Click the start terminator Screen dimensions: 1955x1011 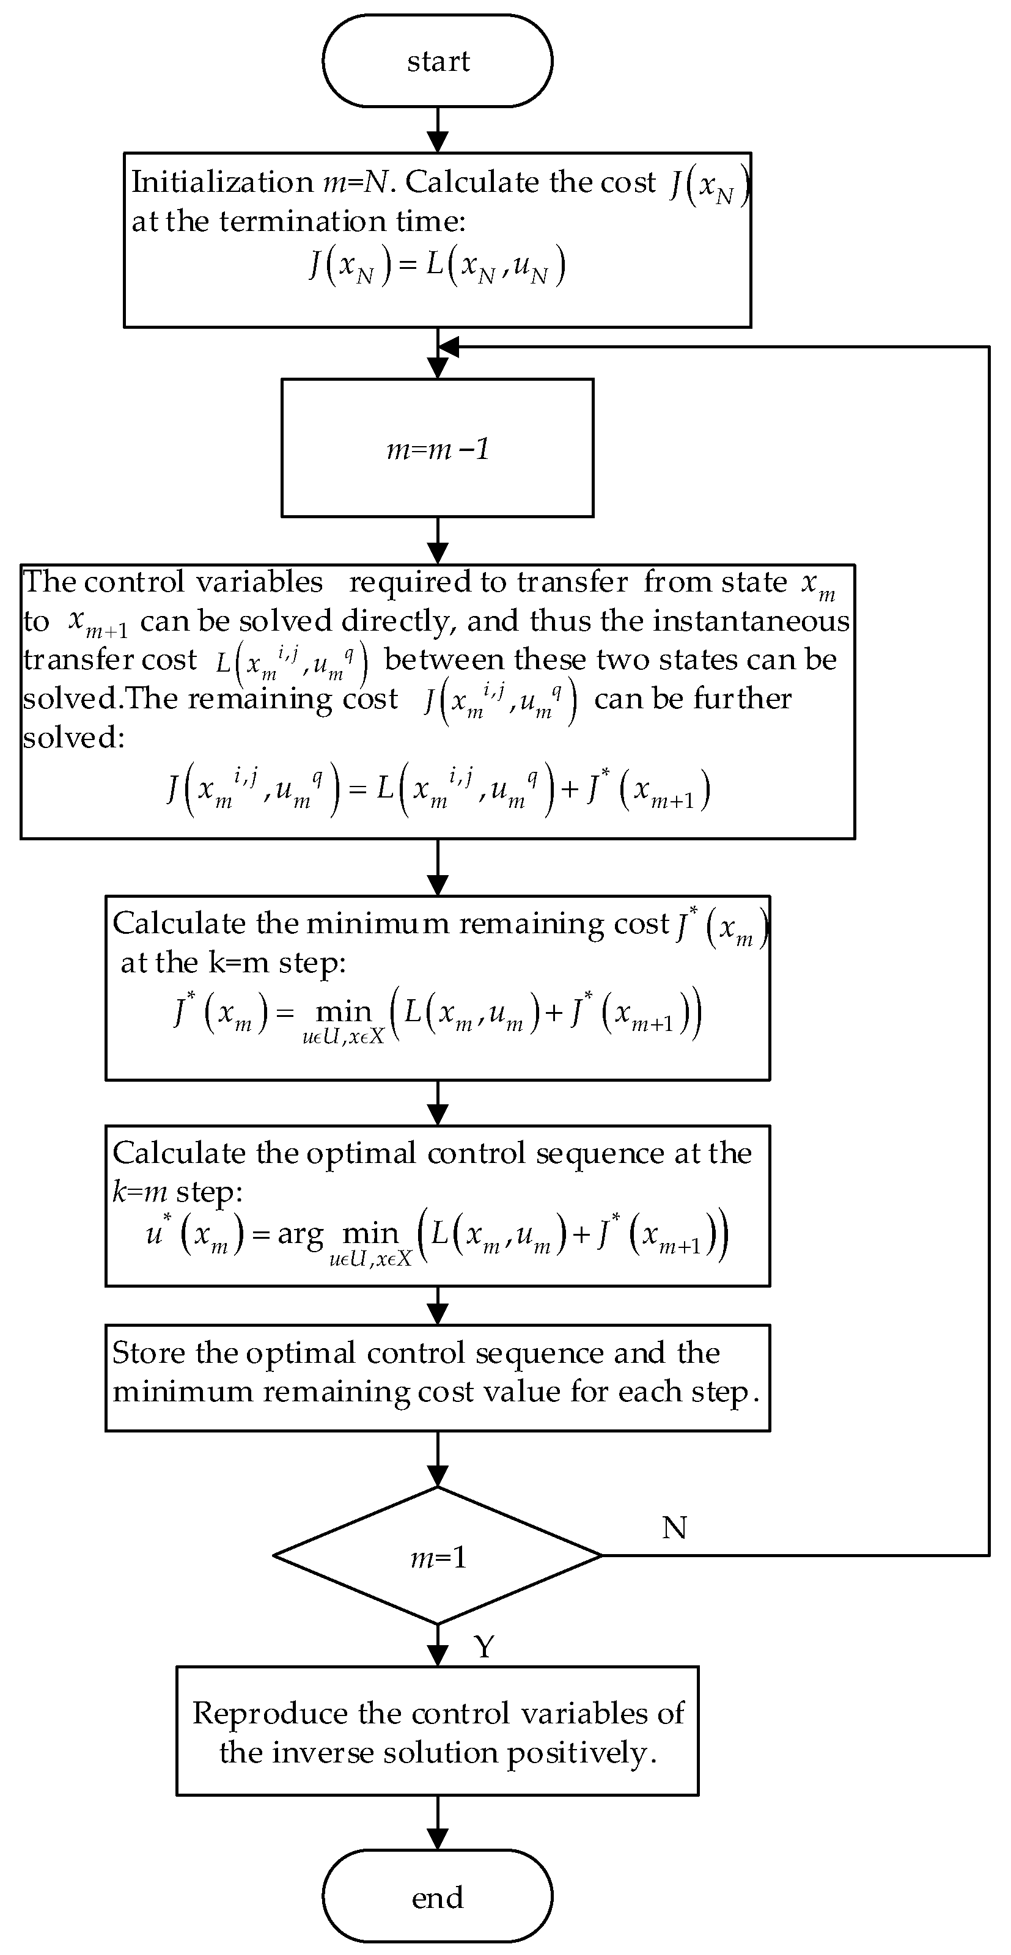[437, 61]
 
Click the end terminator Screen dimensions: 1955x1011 [437, 1896]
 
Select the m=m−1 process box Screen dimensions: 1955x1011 [437, 449]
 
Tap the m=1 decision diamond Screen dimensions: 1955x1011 [437, 1555]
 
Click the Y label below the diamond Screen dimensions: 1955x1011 [483, 1645]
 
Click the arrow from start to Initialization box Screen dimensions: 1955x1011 [438, 131]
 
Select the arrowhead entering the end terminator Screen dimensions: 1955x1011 [438, 1838]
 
